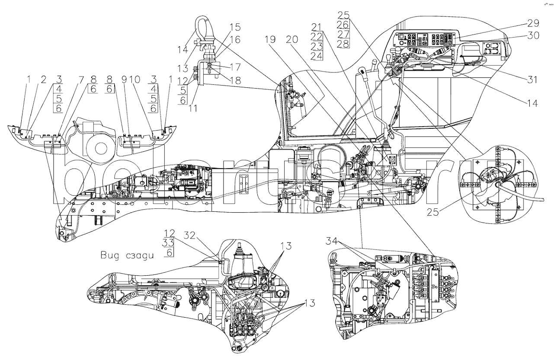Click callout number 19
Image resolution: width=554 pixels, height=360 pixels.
click(x=271, y=39)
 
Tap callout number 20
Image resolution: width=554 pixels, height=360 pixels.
click(x=292, y=39)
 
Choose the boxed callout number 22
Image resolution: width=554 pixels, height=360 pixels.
click(x=317, y=37)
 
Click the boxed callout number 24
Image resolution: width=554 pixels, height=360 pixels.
click(x=317, y=56)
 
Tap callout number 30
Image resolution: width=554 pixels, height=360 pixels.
click(x=533, y=36)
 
